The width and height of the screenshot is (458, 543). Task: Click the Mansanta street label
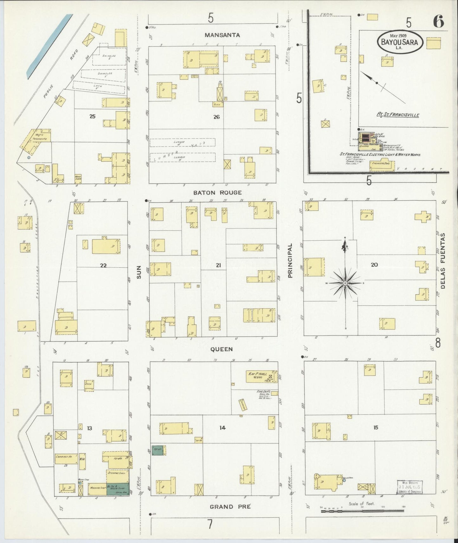point(222,35)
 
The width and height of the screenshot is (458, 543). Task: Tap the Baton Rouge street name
point(217,193)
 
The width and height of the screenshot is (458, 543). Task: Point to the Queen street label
point(222,349)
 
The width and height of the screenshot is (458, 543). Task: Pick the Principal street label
point(290,260)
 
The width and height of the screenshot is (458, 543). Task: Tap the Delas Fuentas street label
point(443,261)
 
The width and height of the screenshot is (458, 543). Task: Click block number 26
point(216,117)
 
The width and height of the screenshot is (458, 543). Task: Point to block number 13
point(89,428)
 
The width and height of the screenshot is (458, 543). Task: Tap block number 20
point(374,265)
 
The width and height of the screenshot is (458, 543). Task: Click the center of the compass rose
point(345,283)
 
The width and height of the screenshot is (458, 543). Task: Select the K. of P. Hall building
point(259,376)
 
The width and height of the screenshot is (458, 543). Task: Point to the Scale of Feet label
point(361,504)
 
